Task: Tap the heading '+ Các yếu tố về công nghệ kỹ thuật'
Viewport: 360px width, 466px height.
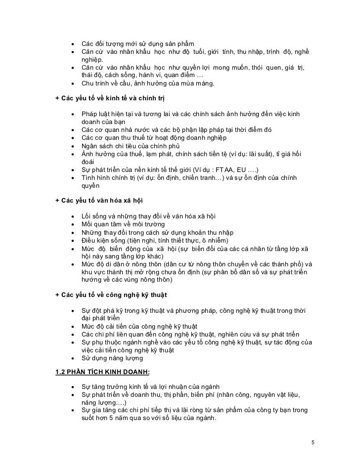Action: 111,295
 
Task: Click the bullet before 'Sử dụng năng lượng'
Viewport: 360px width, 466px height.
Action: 73,358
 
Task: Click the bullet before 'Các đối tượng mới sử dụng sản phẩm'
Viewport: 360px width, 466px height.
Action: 73,43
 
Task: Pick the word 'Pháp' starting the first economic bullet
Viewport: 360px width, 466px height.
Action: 90,114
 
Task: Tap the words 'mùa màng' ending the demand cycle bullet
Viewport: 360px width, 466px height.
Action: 198,84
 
